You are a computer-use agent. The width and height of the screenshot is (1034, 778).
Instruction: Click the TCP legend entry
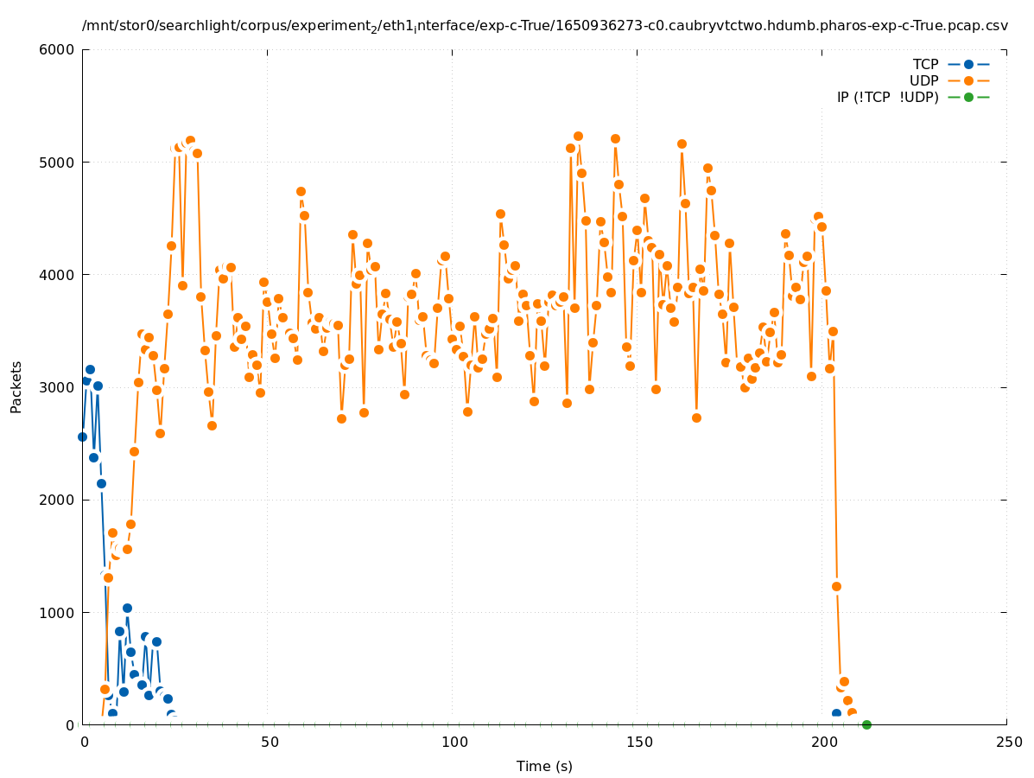pyautogui.click(x=925, y=64)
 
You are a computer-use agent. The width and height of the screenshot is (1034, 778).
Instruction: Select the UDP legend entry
pyautogui.click(x=923, y=80)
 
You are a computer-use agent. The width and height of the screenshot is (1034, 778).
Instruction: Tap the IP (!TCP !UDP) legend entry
pyautogui.click(x=887, y=97)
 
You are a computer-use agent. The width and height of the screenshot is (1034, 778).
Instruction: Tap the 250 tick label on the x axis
pyautogui.click(x=1007, y=743)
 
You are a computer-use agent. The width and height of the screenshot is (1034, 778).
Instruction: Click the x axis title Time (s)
pyautogui.click(x=544, y=766)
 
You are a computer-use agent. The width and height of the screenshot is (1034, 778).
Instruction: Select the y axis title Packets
pyautogui.click(x=16, y=386)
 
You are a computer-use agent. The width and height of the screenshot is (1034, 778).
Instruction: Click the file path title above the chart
pyautogui.click(x=544, y=26)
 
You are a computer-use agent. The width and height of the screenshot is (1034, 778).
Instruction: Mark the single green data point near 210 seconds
pyautogui.click(x=866, y=724)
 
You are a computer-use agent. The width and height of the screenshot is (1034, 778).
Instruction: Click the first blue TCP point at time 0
pyautogui.click(x=83, y=437)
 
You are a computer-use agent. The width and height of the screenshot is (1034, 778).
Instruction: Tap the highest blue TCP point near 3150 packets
pyautogui.click(x=90, y=369)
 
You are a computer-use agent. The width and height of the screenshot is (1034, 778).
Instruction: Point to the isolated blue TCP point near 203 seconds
pyautogui.click(x=836, y=714)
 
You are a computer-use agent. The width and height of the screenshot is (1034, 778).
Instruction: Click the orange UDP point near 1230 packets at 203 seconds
pyautogui.click(x=836, y=586)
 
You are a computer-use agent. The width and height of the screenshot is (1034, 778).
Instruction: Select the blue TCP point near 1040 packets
pyautogui.click(x=127, y=608)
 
